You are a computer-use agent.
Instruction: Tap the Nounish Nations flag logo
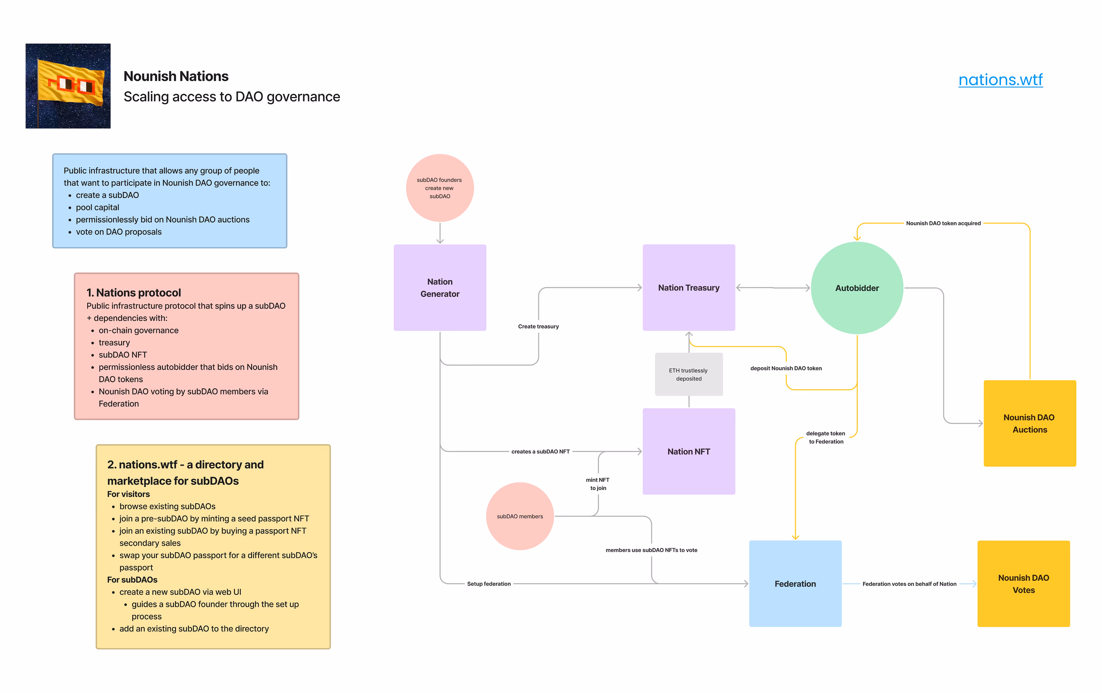[68, 86]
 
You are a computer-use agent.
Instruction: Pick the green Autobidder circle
[857, 288]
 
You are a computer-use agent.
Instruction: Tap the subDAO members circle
[520, 516]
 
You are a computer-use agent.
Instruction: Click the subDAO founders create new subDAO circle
[439, 188]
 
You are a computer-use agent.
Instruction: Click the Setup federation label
[489, 584]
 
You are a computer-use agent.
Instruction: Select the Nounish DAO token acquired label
[943, 223]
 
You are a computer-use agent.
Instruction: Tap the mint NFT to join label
[598, 484]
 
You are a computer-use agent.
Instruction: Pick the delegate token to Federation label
[826, 437]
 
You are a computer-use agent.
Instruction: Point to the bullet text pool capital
[98, 207]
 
